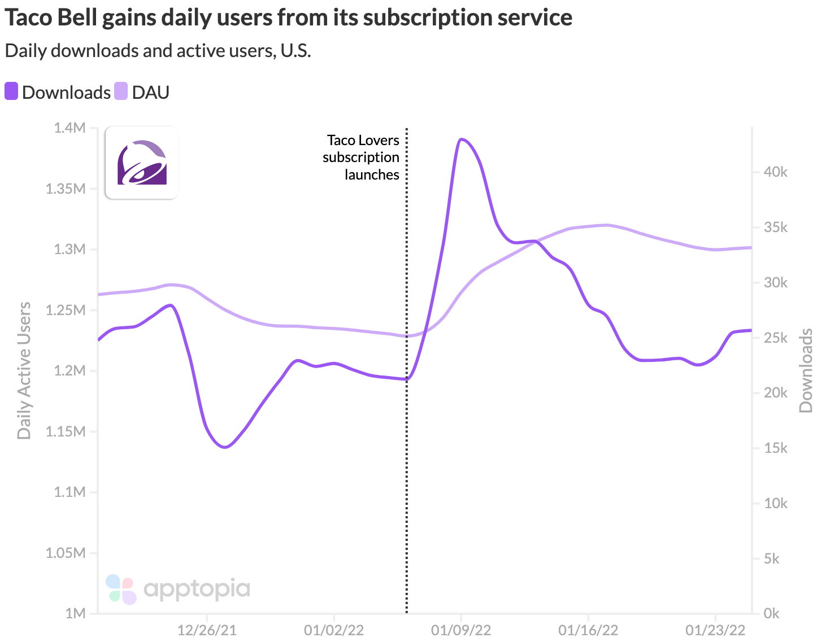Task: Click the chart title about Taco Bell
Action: (288, 18)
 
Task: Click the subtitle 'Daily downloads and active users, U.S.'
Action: (158, 50)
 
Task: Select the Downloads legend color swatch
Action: (11, 91)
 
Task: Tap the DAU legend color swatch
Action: (121, 91)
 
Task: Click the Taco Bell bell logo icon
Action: (142, 163)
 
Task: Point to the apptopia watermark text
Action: (196, 589)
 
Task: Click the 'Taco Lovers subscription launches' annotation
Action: (361, 157)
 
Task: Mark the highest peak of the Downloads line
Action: (462, 139)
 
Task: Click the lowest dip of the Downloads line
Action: (225, 447)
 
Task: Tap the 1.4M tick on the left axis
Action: (69, 128)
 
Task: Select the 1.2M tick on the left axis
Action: (69, 371)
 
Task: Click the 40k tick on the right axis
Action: (775, 172)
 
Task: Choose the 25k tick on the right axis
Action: (775, 338)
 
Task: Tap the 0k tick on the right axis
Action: (772, 613)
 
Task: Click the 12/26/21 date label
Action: (207, 630)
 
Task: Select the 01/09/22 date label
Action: (461, 630)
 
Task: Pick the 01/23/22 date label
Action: (715, 630)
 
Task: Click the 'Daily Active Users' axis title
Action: (24, 370)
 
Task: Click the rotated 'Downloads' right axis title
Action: (806, 370)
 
